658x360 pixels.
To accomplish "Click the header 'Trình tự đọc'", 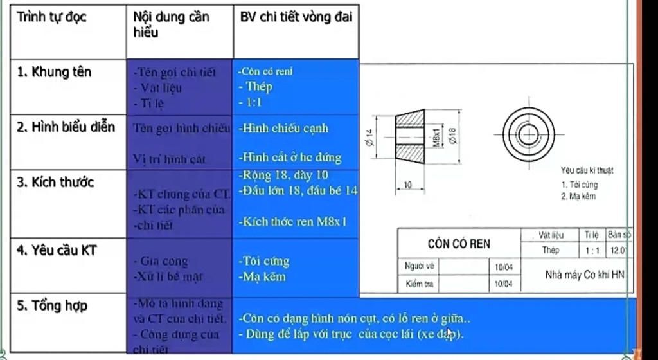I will tap(51, 17).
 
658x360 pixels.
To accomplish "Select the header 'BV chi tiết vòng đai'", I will tap(296, 17).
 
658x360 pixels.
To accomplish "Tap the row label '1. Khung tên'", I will tap(54, 71).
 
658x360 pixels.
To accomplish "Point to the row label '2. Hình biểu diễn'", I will tap(66, 127).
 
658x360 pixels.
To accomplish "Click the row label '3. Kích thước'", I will tap(55, 182).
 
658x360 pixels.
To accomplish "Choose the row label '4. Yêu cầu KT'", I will tap(56, 249).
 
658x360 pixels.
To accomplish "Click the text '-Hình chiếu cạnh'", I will tap(283, 128).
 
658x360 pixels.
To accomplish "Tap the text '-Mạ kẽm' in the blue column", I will tap(262, 277).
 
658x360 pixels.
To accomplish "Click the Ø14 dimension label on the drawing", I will tap(369, 136).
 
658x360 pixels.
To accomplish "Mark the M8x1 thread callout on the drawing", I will tap(436, 136).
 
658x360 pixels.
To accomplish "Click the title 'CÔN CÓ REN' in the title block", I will tap(459, 244).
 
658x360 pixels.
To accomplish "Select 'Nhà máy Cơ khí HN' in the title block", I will tap(584, 274).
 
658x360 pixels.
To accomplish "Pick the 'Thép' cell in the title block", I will tap(551, 250).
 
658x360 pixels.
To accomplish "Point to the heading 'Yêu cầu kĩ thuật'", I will tap(587, 170).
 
